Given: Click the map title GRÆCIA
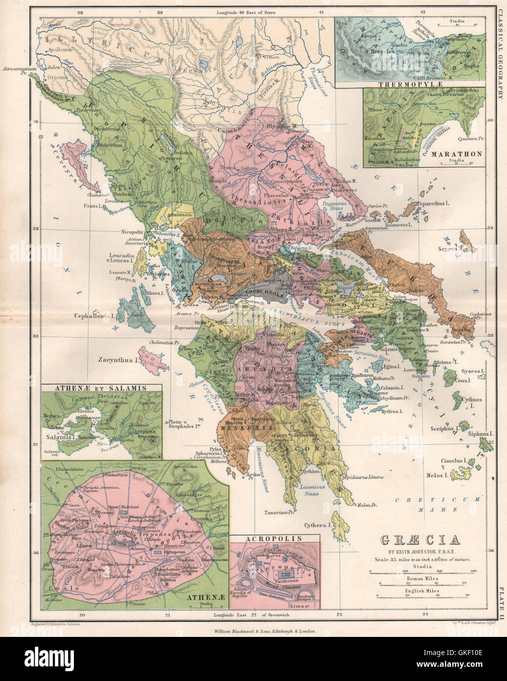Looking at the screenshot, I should (x=420, y=540).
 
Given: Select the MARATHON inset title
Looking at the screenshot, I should (x=456, y=153).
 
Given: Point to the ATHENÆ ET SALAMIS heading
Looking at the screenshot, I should (x=101, y=388).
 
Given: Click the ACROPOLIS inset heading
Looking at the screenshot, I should (x=275, y=539).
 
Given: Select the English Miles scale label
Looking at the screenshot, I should (x=421, y=591).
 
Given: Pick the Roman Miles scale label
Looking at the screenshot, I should (x=421, y=579).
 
